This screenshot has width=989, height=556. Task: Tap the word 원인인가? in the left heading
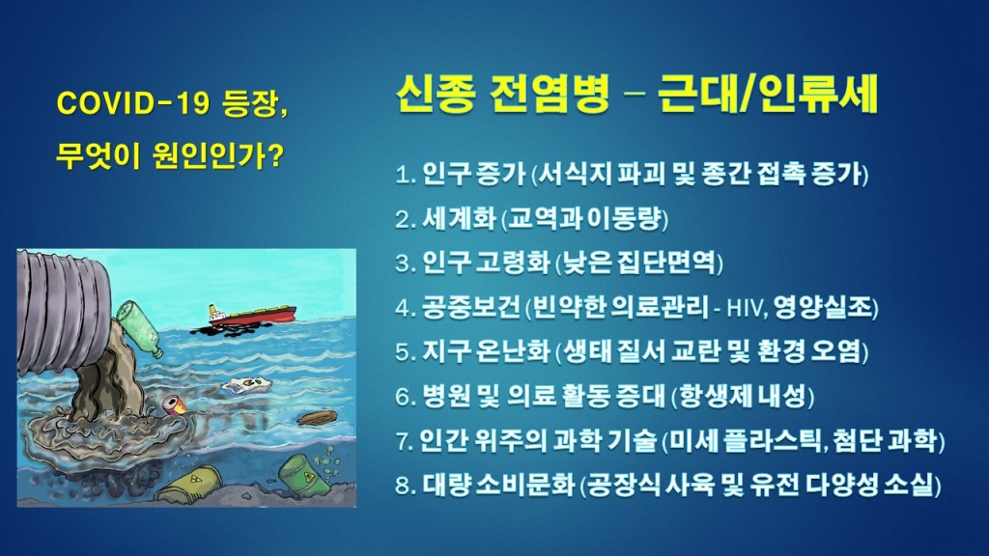(x=218, y=155)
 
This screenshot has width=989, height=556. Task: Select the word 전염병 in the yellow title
(x=549, y=95)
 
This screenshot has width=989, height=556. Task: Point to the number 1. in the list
(x=406, y=174)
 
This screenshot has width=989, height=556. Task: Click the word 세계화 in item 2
(x=459, y=219)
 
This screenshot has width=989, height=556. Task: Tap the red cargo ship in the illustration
(x=252, y=316)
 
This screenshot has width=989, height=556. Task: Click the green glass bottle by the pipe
(x=139, y=328)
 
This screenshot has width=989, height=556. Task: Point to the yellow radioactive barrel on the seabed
(x=189, y=485)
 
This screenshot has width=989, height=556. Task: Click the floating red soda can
(x=176, y=404)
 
